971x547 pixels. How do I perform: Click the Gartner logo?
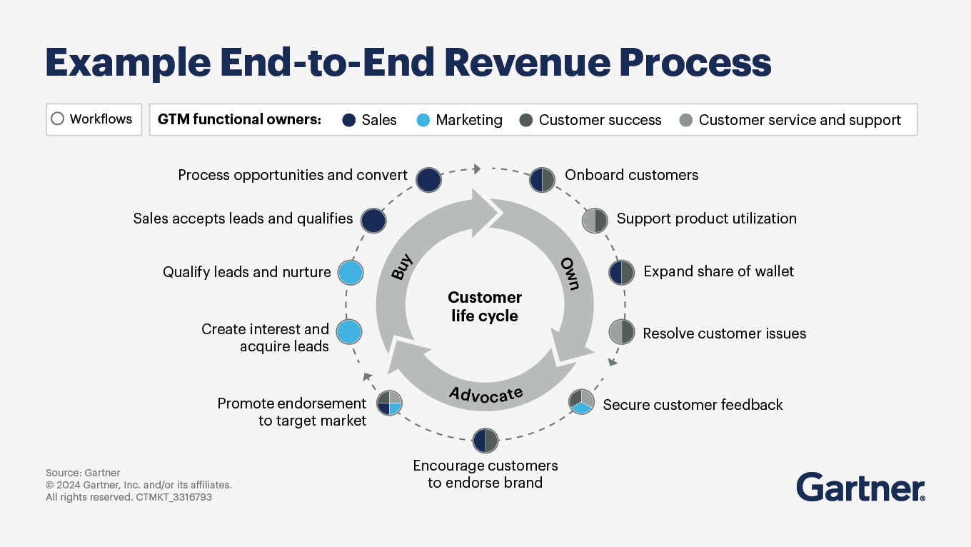coord(860,487)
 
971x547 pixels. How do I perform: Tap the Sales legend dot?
coord(349,120)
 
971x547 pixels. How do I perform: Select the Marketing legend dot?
coord(423,120)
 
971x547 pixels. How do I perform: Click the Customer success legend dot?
coord(526,120)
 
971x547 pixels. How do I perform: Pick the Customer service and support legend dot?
coord(686,120)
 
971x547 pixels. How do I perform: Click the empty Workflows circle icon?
coord(58,119)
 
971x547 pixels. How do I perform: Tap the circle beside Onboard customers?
coord(543,180)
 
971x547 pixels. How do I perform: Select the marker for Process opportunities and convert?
coord(428,180)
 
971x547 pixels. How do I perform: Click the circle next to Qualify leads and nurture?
coord(351,272)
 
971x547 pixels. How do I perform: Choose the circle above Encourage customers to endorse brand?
coord(485,441)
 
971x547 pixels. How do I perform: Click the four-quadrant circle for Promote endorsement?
coord(390,403)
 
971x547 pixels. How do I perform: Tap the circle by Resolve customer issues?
coord(622,332)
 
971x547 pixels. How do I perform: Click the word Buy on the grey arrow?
coord(403,266)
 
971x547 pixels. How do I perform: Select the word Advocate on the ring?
coord(485,394)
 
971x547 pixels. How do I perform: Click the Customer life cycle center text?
coord(485,306)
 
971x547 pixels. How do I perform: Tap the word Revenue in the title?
coord(526,63)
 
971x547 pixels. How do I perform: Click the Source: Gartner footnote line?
coord(83,473)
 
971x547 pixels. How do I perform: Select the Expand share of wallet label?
coord(718,271)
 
